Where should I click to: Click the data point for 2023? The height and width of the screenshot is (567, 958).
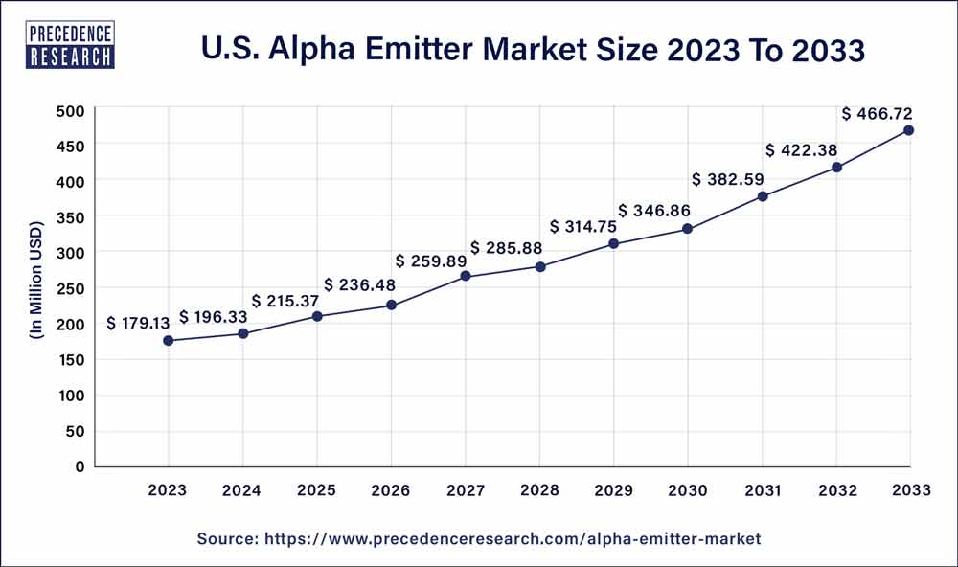point(169,341)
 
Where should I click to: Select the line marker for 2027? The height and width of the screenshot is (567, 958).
point(466,276)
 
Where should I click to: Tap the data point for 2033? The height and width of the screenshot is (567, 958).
point(908,130)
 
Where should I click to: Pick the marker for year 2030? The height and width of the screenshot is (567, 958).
point(687,229)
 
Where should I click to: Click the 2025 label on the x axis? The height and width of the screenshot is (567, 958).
point(317,491)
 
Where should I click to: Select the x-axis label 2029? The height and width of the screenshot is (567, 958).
point(613,491)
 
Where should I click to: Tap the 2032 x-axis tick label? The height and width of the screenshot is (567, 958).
point(835,491)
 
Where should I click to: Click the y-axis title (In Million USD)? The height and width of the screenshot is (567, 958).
point(36,287)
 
